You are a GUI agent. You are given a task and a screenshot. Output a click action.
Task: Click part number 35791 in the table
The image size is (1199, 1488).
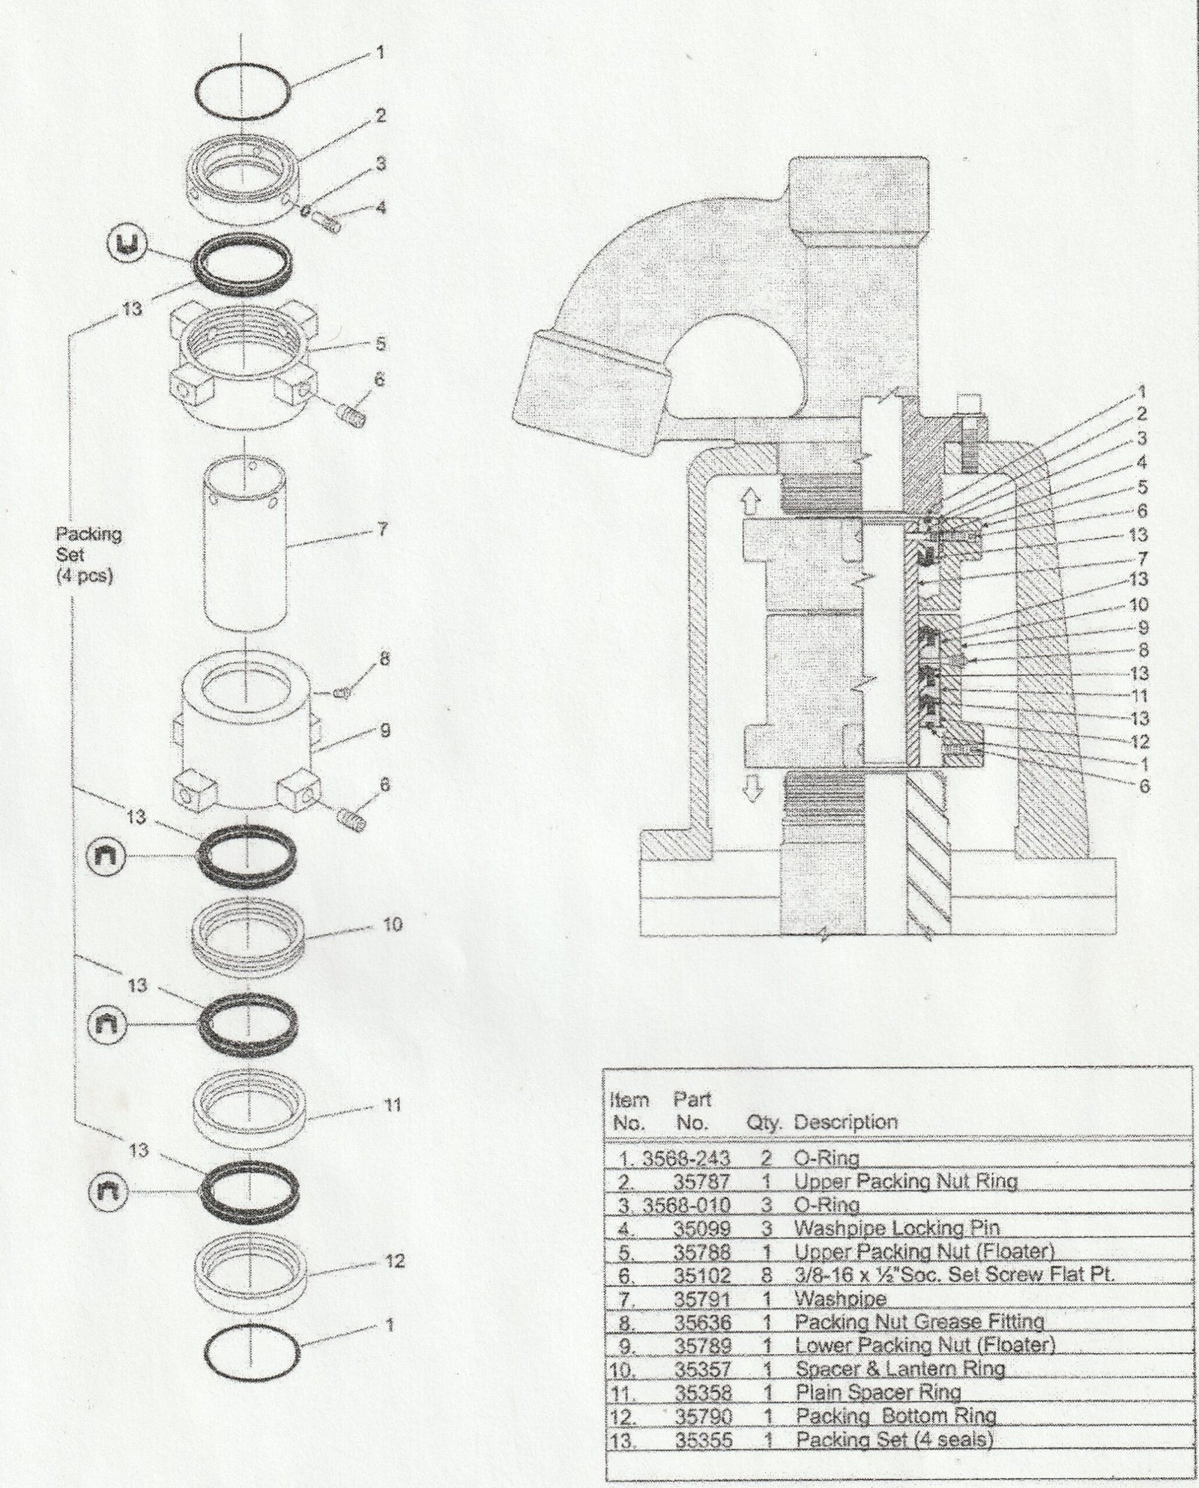702,1298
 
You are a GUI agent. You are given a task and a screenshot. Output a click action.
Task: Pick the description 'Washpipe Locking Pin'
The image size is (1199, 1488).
896,1228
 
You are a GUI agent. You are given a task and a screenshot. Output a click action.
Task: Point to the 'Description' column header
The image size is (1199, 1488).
845,1122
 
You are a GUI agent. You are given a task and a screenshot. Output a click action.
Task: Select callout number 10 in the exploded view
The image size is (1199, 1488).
393,924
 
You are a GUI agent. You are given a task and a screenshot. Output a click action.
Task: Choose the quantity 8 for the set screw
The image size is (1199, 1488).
767,1275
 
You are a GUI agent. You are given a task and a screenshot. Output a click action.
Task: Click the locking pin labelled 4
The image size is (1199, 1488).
330,220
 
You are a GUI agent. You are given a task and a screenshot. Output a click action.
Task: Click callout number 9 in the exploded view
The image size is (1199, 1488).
385,730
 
